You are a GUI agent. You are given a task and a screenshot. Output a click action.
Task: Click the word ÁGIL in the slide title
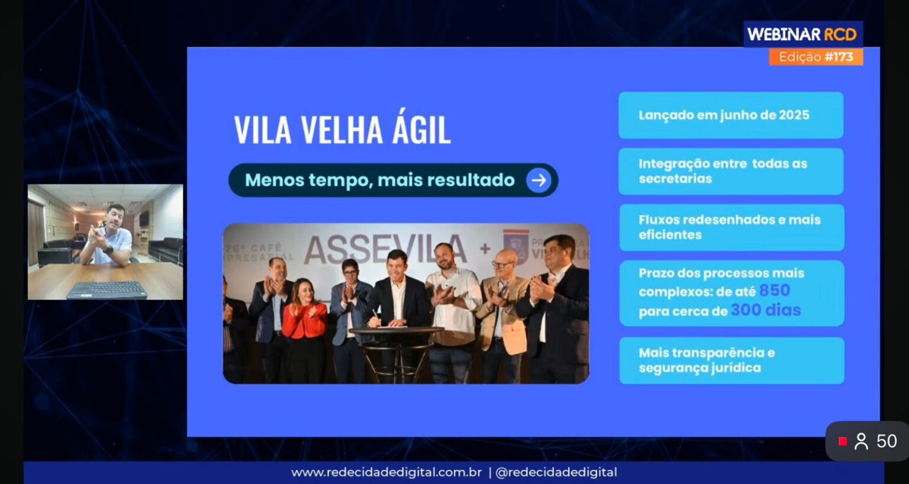(421, 130)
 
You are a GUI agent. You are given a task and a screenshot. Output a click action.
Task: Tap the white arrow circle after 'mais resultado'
(539, 180)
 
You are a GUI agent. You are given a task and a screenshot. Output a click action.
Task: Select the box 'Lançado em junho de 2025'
(731, 115)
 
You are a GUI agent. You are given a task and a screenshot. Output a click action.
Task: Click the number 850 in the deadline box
(774, 291)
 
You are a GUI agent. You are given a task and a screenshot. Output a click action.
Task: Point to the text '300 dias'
(765, 310)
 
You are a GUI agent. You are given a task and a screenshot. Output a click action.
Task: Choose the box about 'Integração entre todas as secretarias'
(731, 171)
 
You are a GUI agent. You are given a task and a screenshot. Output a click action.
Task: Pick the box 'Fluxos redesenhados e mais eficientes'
(731, 227)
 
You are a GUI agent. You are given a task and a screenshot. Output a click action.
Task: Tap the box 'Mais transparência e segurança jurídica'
(731, 360)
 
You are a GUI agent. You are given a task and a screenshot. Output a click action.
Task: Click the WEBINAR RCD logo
(802, 34)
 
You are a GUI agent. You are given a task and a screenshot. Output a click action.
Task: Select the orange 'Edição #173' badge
(815, 57)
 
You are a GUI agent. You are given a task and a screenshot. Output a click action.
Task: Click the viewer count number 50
(887, 441)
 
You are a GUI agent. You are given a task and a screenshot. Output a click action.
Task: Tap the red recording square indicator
(843, 441)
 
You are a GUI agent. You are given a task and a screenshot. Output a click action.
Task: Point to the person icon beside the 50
(861, 441)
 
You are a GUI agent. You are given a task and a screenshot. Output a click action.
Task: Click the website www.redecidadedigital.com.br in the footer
(386, 472)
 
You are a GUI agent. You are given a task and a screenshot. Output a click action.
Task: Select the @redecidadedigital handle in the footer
(556, 472)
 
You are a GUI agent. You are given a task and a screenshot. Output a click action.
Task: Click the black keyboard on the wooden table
(105, 289)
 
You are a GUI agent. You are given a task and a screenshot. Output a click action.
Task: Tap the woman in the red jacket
(304, 322)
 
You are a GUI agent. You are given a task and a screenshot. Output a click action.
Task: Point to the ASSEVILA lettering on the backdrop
(385, 249)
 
